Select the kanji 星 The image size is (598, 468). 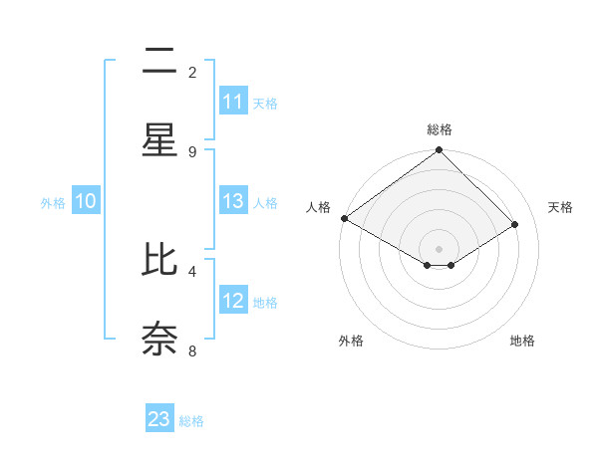click(159, 139)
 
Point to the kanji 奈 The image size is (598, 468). click(159, 338)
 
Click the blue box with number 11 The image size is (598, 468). click(232, 102)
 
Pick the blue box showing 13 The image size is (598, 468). click(232, 201)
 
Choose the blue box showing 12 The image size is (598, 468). click(232, 301)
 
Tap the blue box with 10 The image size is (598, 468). click(86, 201)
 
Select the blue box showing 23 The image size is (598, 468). click(159, 419)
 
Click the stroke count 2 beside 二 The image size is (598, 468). click(192, 72)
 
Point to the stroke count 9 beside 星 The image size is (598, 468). click(192, 151)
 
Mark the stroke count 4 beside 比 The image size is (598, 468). click(192, 270)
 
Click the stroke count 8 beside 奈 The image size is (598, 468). click(192, 350)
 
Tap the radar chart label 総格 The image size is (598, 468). click(439, 129)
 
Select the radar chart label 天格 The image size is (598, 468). click(560, 207)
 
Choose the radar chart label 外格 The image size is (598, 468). click(351, 341)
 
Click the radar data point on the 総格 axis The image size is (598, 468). click(439, 151)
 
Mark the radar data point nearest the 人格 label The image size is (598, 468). click(344, 218)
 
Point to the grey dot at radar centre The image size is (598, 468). click(439, 248)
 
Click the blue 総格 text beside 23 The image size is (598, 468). click(191, 421)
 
